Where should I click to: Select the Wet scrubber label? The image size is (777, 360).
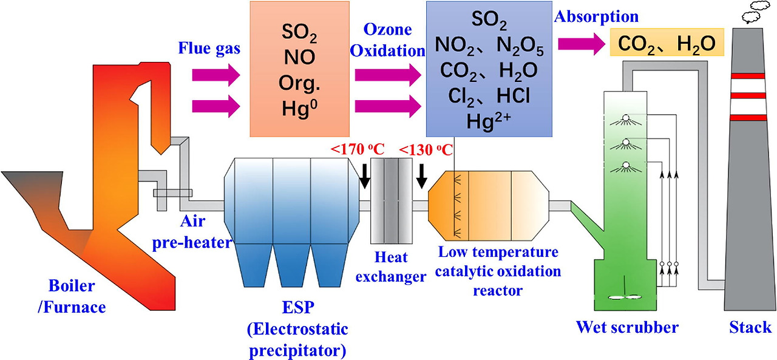click(627, 328)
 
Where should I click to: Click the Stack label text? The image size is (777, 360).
click(750, 328)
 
